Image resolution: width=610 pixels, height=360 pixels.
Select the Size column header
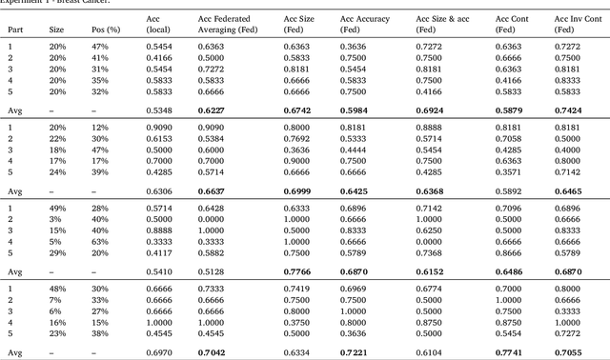tap(57, 30)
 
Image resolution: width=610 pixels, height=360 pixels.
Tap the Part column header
tap(16, 30)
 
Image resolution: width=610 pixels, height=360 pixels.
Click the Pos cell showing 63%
tap(100, 242)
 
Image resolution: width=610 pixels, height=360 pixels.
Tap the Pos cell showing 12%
tap(100, 127)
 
